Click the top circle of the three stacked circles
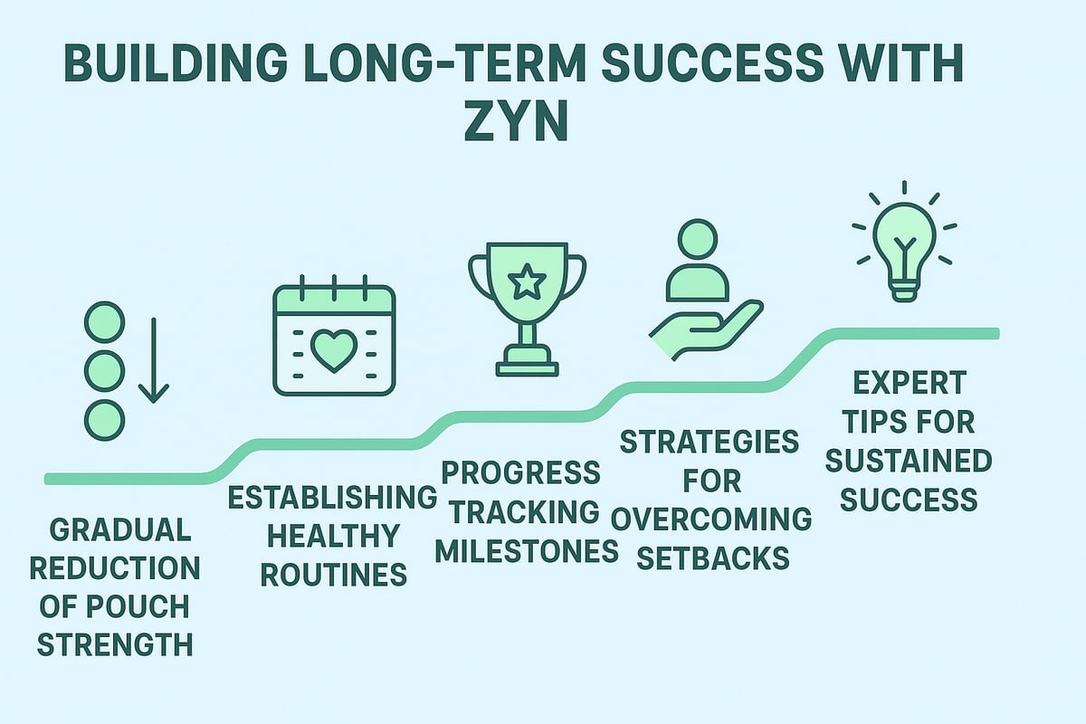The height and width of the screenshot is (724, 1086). click(103, 322)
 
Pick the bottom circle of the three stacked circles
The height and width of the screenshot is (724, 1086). click(103, 420)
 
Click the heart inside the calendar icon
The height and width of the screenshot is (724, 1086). click(334, 349)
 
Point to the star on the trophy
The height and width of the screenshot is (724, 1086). click(526, 284)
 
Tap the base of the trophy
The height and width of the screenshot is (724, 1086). click(527, 367)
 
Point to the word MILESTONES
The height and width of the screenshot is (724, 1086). click(527, 550)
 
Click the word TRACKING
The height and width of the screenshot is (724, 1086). click(525, 510)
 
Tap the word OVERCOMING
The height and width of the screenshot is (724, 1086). click(711, 519)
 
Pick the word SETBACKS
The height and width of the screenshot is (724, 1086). click(712, 557)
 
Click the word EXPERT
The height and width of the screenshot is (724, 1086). click(909, 383)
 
